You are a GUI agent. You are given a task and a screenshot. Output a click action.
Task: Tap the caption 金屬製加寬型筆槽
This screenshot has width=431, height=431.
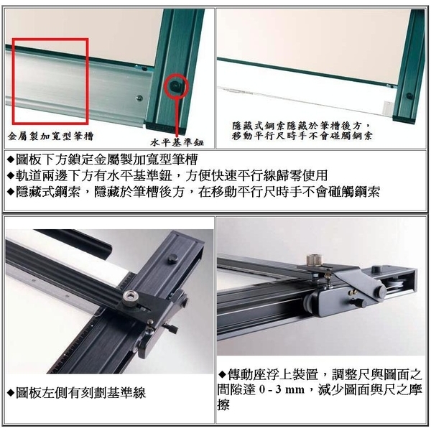50,136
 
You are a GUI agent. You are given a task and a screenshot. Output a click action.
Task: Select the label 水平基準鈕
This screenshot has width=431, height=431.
177,142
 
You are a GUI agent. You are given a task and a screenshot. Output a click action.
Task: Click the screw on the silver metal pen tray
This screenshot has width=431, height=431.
139,97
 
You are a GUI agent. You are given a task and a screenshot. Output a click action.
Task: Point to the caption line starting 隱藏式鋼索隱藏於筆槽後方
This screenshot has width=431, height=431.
301,126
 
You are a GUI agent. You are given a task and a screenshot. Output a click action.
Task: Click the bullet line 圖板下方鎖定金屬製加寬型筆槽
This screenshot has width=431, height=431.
102,159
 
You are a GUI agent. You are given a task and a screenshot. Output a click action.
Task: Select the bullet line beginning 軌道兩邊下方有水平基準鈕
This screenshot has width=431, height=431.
167,176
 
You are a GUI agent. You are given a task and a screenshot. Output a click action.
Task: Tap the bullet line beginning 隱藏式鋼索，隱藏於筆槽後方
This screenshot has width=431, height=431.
193,192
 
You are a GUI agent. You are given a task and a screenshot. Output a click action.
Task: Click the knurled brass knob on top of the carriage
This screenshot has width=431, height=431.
315,261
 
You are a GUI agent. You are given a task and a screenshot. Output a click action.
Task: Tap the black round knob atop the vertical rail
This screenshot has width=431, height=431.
173,258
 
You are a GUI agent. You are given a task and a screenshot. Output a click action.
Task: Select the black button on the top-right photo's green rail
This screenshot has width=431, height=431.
409,96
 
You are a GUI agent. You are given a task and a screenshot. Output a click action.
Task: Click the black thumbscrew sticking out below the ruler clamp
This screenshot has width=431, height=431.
170,328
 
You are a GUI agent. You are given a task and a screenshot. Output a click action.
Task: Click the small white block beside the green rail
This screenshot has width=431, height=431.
389,107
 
